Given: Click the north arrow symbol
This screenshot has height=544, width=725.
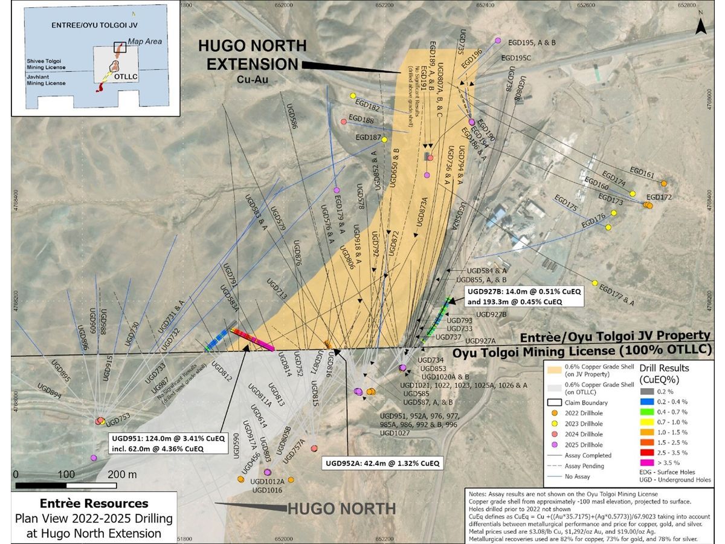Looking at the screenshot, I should [x=700, y=25].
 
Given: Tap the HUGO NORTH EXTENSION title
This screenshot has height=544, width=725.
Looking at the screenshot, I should [x=254, y=55].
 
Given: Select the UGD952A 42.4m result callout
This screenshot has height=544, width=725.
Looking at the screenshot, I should [x=382, y=464].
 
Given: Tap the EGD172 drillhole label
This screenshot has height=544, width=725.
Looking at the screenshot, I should [x=659, y=197].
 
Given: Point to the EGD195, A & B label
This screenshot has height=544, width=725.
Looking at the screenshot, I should [x=530, y=43].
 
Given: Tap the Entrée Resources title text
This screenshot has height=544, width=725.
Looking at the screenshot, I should [x=94, y=504].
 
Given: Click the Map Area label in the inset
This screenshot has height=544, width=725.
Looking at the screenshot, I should [x=144, y=42].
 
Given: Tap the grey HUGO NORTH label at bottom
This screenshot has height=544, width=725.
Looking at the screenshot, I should [x=341, y=509].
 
